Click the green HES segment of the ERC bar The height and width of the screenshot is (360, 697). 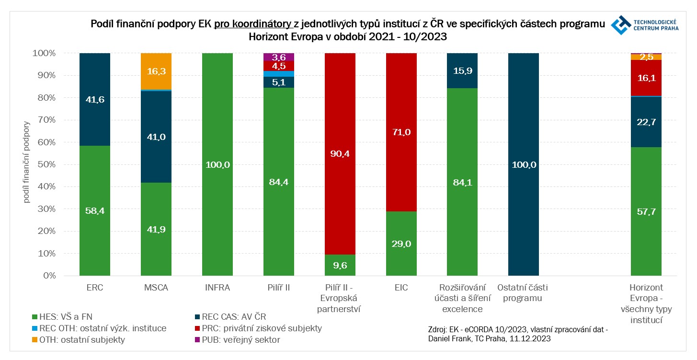click(95, 211)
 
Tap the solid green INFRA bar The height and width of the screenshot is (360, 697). click(217, 164)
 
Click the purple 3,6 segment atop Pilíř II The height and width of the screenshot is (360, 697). click(279, 57)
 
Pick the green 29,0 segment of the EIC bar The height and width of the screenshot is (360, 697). click(401, 244)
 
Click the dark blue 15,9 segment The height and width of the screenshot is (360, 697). click(462, 70)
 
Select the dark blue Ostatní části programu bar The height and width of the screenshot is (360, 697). click(524, 164)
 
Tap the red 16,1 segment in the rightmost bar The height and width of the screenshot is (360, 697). click(646, 78)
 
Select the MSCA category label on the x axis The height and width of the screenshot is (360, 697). click(156, 288)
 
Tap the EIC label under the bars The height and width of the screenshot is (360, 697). click(401, 288)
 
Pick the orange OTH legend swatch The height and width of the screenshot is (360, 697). click(34, 340)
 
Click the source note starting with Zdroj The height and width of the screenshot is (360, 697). click(517, 334)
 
